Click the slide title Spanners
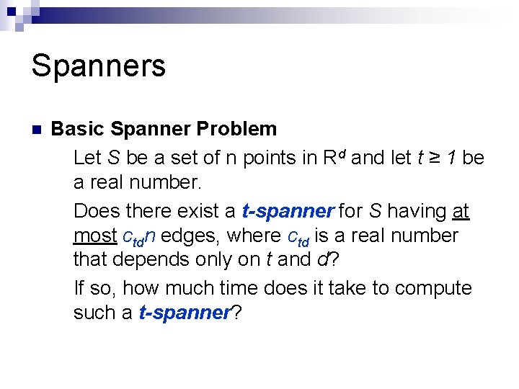(99, 66)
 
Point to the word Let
(88, 157)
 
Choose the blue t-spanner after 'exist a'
(288, 211)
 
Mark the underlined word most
(95, 236)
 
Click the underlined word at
(461, 211)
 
